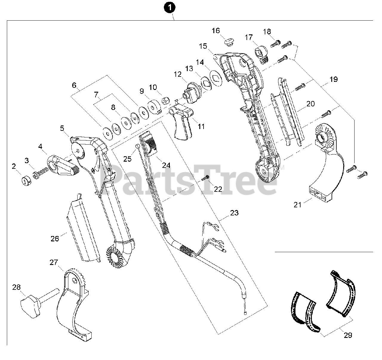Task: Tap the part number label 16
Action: (216, 30)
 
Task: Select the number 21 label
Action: (298, 205)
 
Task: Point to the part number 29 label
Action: (348, 335)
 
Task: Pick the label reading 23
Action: (234, 213)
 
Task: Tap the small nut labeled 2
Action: (24, 181)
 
